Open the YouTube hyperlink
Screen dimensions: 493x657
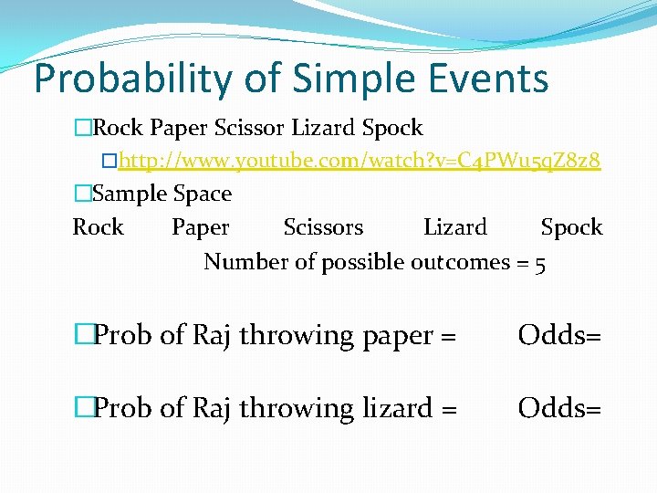click(x=360, y=162)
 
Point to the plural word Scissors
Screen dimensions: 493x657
click(x=323, y=227)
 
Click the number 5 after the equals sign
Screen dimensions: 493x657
click(x=541, y=263)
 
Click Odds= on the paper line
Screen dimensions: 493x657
click(x=559, y=335)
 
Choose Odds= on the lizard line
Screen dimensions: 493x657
click(x=559, y=408)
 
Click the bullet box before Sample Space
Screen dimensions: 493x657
click(x=83, y=194)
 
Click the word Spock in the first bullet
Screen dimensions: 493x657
click(x=392, y=128)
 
